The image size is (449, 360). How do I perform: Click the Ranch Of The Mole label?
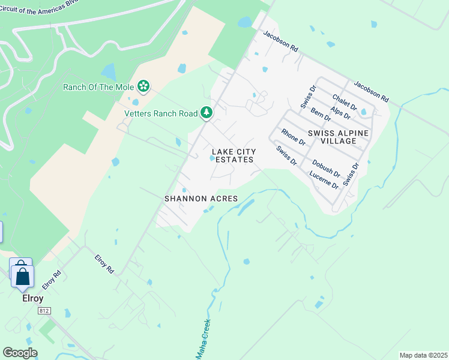[x=98, y=87]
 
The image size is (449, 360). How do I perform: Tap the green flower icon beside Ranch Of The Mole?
[x=143, y=87]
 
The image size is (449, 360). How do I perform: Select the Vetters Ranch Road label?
[x=161, y=113]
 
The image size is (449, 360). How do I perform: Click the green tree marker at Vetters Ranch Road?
[x=206, y=112]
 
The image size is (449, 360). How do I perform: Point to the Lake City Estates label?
[x=233, y=156]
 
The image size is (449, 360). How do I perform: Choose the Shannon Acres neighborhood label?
[x=201, y=199]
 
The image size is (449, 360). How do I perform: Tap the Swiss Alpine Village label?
[x=339, y=137]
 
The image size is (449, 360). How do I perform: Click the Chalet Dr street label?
[x=345, y=103]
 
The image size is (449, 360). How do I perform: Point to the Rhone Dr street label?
[x=294, y=138]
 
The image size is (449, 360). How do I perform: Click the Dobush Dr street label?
[x=326, y=168]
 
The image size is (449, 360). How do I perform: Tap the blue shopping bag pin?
[x=22, y=277]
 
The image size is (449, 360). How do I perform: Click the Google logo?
[x=20, y=353]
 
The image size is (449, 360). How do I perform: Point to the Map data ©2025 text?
[x=423, y=355]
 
